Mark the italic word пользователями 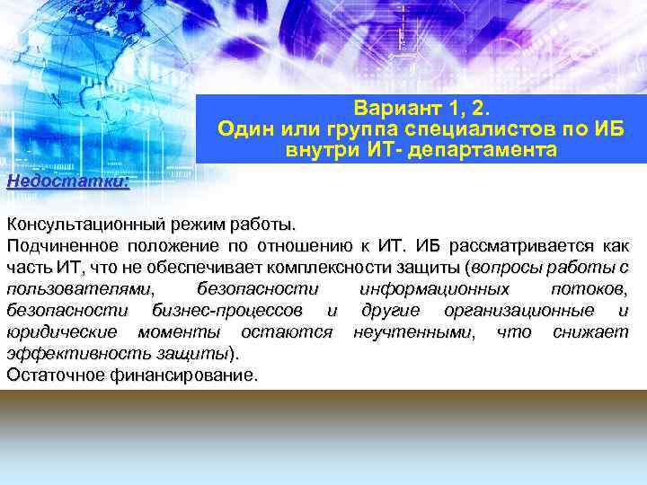(x=80, y=289)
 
